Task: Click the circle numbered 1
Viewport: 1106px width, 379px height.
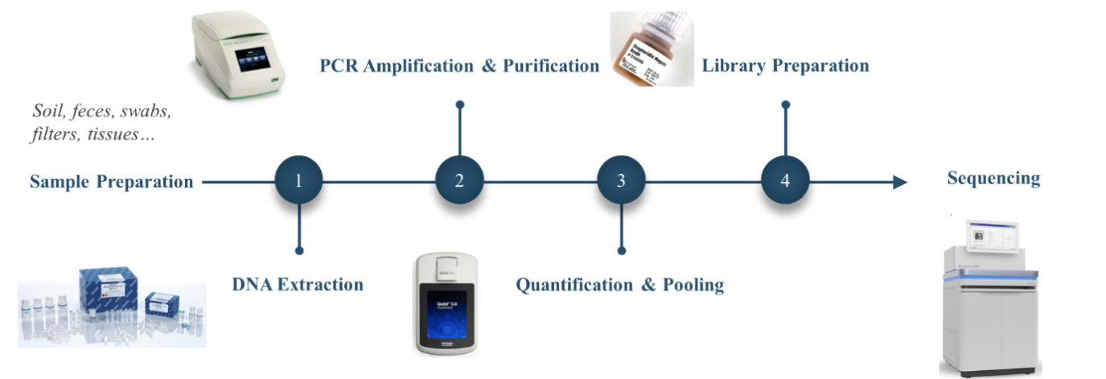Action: pos(298,180)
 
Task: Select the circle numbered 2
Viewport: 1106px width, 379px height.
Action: pos(459,180)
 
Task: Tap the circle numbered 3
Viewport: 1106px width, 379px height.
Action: pos(621,180)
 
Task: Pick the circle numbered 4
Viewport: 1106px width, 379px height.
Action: pos(785,180)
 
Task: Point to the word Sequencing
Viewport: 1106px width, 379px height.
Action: pos(993,178)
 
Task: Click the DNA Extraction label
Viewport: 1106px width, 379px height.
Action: pos(297,284)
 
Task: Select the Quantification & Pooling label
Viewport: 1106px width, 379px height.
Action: pos(619,284)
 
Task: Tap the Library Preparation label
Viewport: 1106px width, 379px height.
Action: pos(785,65)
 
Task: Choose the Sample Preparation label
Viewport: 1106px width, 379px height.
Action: pos(111,181)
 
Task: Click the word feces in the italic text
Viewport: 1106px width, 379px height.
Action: pos(93,112)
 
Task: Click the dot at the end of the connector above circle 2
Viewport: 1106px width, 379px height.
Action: pos(459,105)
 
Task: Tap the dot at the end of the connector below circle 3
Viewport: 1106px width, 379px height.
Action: pos(621,251)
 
